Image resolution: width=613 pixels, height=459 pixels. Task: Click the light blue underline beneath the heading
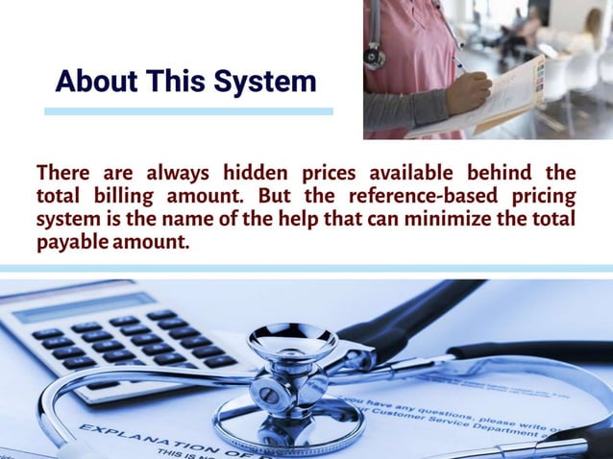pos(188,111)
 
